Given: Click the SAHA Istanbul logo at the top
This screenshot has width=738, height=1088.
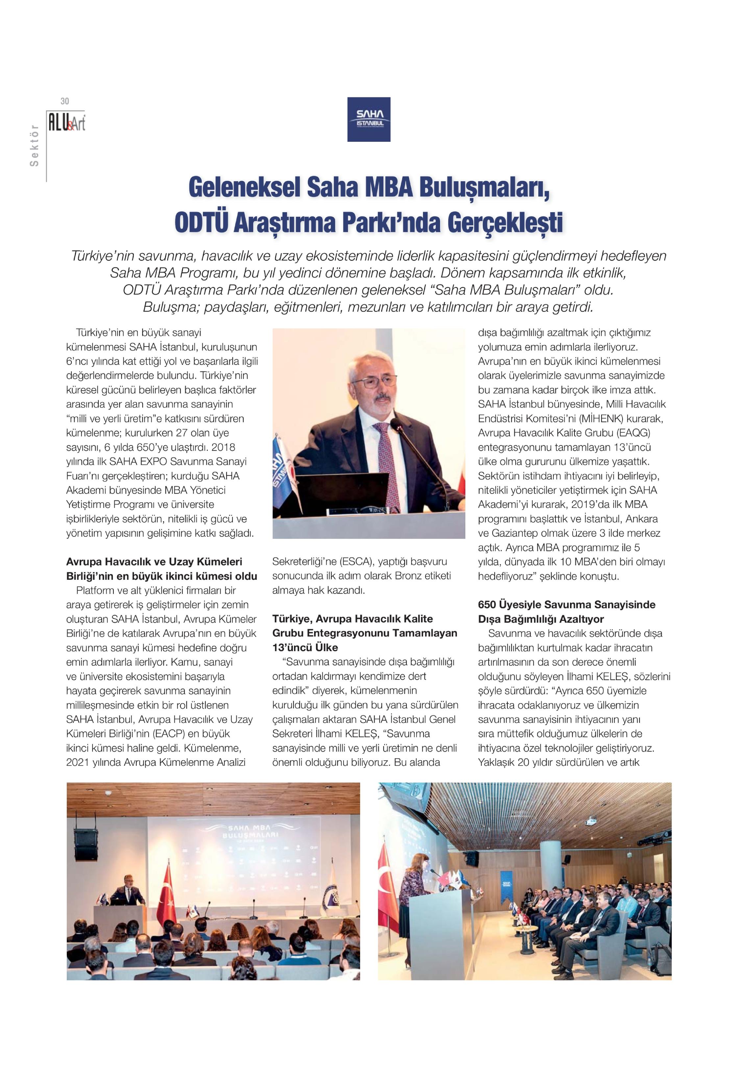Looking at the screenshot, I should pyautogui.click(x=368, y=119).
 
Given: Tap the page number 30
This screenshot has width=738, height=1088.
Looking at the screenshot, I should pyautogui.click(x=64, y=101).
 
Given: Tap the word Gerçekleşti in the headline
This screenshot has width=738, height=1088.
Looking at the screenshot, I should pyautogui.click(x=504, y=222).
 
